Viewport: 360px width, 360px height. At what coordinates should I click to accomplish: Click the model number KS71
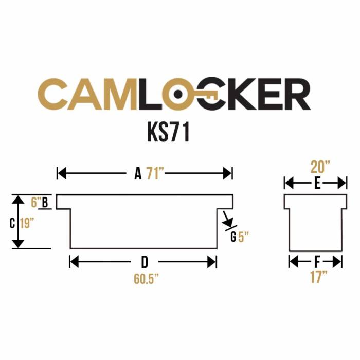[x=169, y=132]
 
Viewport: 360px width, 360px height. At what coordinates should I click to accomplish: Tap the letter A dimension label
[x=138, y=174]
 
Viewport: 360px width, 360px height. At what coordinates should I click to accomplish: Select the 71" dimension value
[x=154, y=174]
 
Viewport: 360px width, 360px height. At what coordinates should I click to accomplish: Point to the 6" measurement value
[x=35, y=202]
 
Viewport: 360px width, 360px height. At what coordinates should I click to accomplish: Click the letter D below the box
[x=145, y=262]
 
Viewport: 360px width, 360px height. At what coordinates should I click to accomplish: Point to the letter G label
[x=233, y=237]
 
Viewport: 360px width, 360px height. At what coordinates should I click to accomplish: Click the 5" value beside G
[x=244, y=237]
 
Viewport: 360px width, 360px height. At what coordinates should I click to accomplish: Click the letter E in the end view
[x=317, y=183]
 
